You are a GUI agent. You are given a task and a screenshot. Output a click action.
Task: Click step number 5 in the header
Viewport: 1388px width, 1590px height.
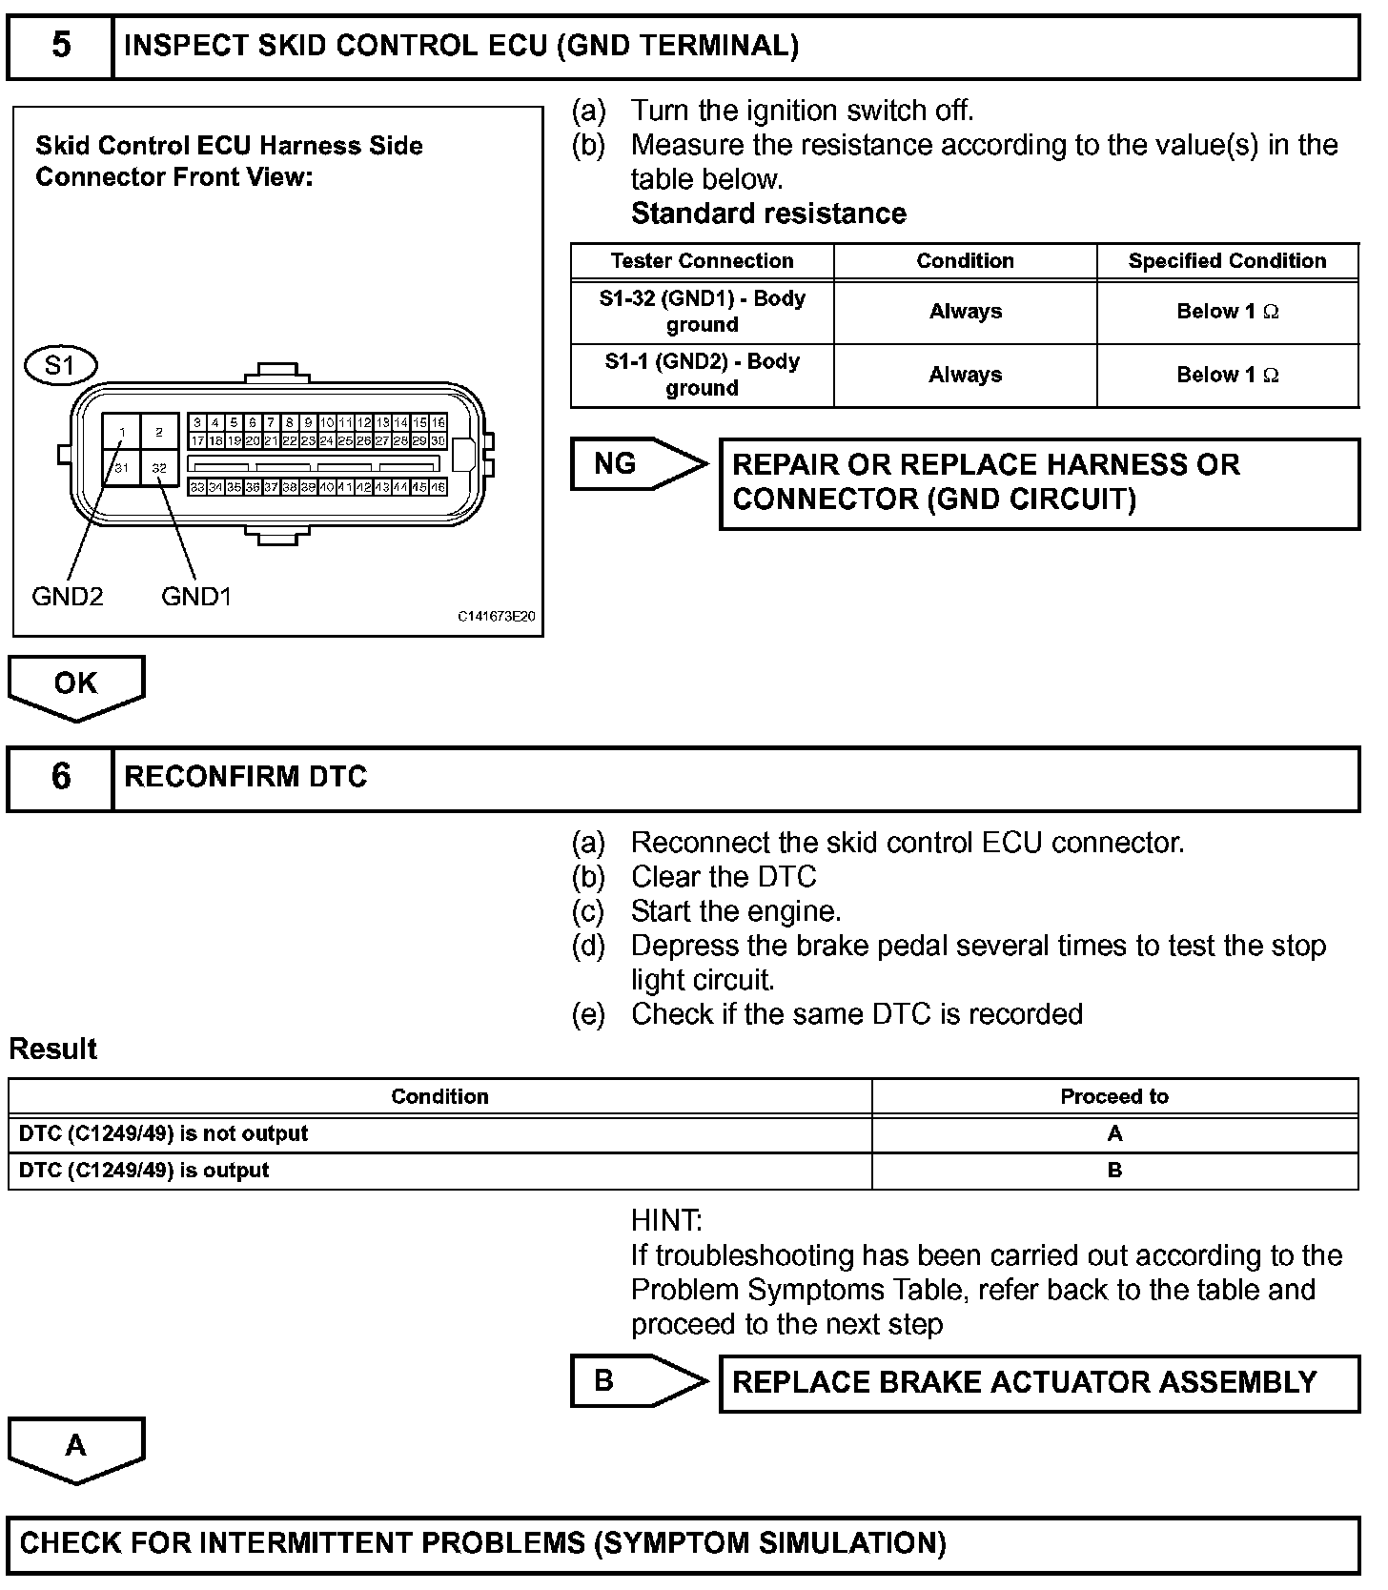click(60, 46)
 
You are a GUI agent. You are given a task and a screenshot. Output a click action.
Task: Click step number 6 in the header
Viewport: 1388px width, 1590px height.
click(60, 777)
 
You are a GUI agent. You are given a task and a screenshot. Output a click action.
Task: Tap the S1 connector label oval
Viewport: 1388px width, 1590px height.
click(60, 365)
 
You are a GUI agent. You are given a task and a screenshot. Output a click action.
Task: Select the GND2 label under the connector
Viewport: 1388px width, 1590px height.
click(67, 597)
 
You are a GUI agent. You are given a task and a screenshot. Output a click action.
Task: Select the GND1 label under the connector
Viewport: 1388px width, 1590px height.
click(196, 597)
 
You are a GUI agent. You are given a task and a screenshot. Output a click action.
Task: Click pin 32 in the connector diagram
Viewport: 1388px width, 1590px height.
click(159, 467)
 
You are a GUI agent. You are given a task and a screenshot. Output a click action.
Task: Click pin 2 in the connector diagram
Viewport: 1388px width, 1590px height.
click(159, 432)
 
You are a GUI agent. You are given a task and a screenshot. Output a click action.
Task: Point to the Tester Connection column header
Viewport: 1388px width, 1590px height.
click(702, 261)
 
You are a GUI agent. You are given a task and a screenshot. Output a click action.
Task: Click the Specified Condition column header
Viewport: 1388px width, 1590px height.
click(1227, 261)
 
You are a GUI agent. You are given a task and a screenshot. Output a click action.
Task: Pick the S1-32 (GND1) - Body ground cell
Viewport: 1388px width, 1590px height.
click(702, 312)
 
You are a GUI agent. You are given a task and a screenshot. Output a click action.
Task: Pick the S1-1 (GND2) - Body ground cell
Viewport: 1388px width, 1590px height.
click(702, 375)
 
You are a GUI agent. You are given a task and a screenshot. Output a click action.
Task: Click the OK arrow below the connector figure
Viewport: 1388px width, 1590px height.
click(76, 685)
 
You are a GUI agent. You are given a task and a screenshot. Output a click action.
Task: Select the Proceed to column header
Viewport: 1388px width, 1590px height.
click(1114, 1096)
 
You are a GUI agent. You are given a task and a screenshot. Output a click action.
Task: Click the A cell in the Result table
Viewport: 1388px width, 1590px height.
click(1114, 1133)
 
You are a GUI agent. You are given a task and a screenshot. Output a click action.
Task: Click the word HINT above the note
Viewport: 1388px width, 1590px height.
click(666, 1220)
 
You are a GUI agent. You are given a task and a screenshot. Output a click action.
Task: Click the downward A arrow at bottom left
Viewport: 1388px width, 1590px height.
click(76, 1448)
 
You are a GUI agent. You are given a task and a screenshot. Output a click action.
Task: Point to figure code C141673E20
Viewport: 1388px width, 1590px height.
click(496, 617)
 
